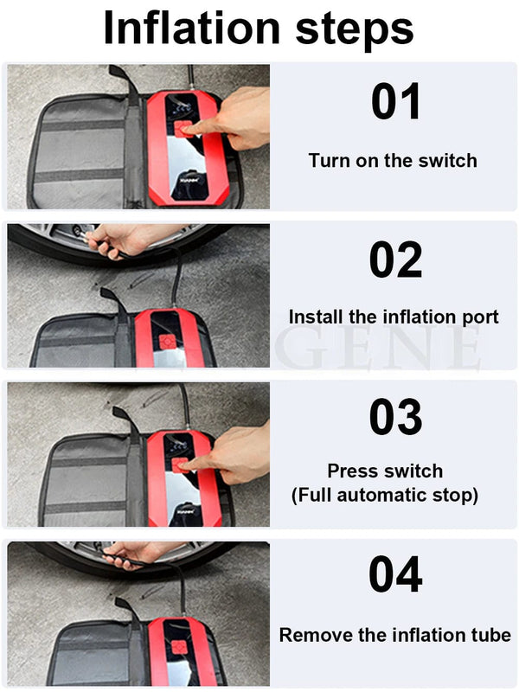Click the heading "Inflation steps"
tap(259, 29)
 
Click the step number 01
tap(396, 102)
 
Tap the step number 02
tap(396, 259)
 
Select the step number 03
tap(396, 418)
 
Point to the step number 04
tap(396, 575)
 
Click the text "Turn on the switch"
tap(393, 160)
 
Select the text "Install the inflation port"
tap(394, 317)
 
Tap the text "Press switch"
tap(385, 471)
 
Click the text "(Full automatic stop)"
tap(385, 496)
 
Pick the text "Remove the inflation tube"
tap(394, 635)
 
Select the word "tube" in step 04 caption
tap(491, 635)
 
